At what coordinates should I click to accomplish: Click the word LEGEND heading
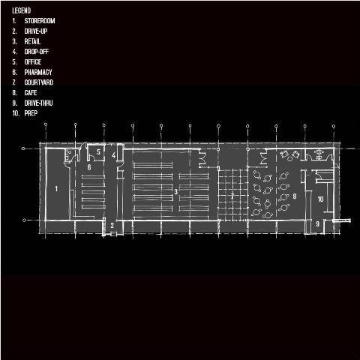tap(22, 10)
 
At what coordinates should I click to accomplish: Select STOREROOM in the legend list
tap(40, 21)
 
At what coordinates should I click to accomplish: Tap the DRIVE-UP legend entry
tap(36, 31)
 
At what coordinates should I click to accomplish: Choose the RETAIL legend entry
tap(32, 41)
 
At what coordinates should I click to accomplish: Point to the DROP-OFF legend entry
tap(37, 52)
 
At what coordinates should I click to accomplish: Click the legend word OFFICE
tap(33, 61)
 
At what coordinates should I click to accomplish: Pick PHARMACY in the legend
tap(38, 72)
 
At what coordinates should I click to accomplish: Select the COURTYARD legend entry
tap(39, 82)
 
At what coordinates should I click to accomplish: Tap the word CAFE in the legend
tap(31, 92)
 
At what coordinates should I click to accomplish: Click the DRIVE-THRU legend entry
tap(38, 103)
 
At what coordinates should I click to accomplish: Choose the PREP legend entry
tap(31, 113)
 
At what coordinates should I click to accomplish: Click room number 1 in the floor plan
tap(56, 188)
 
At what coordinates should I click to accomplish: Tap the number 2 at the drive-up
tap(112, 225)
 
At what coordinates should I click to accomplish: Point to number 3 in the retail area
tap(176, 192)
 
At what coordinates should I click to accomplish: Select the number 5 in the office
tap(98, 151)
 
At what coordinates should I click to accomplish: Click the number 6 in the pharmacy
tap(89, 167)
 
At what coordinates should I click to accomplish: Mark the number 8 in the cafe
tap(295, 196)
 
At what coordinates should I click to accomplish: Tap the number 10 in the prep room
tap(320, 199)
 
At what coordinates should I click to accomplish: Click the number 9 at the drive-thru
tap(317, 223)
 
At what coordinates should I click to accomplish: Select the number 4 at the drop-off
tap(114, 155)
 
